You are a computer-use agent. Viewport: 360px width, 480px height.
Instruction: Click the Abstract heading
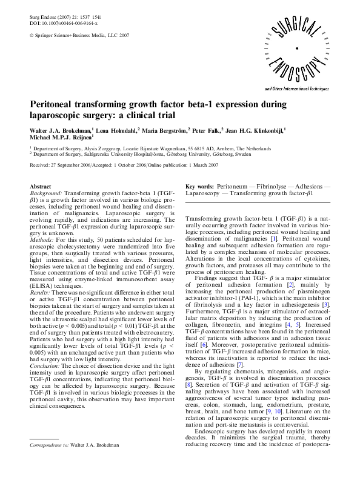pyautogui.click(x=40, y=188)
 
